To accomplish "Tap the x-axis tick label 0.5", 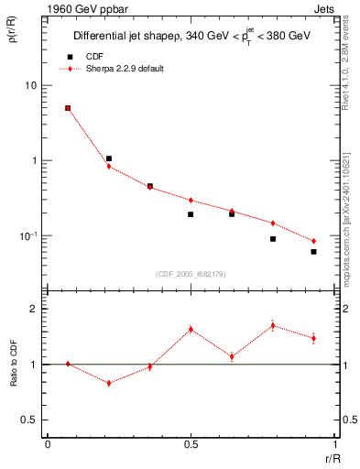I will click(191, 446).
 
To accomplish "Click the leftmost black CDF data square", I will click(68, 108).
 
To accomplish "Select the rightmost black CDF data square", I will click(313, 252).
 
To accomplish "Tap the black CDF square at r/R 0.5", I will click(191, 214).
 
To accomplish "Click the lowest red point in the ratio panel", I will click(109, 383).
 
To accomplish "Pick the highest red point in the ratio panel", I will click(273, 325).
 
